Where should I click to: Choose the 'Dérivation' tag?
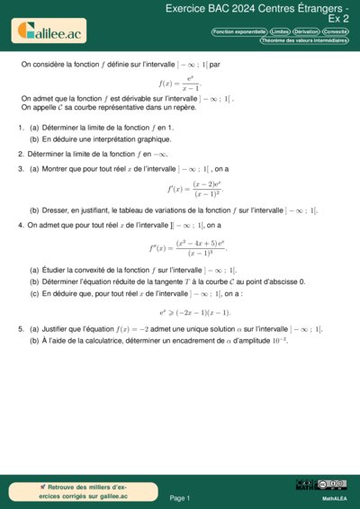306,31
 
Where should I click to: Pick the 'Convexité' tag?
336,31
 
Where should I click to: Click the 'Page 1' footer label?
179,497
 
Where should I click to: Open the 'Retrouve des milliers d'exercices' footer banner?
71,491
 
